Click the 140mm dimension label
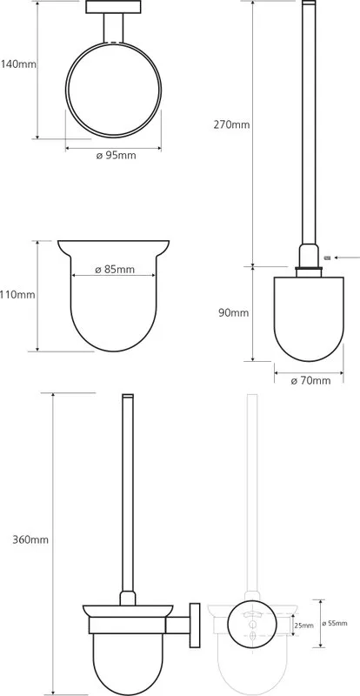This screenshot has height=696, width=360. tap(17, 64)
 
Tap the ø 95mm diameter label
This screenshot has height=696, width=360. tap(117, 156)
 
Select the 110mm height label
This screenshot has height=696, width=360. tap(17, 294)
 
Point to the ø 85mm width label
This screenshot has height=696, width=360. tap(115, 269)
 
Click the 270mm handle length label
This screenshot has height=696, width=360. tap(231, 124)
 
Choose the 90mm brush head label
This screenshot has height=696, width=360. tap(234, 313)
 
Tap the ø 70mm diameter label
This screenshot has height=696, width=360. tap(310, 380)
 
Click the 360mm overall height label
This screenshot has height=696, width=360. tap(30, 540)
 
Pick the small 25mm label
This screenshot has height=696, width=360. tap(304, 626)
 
